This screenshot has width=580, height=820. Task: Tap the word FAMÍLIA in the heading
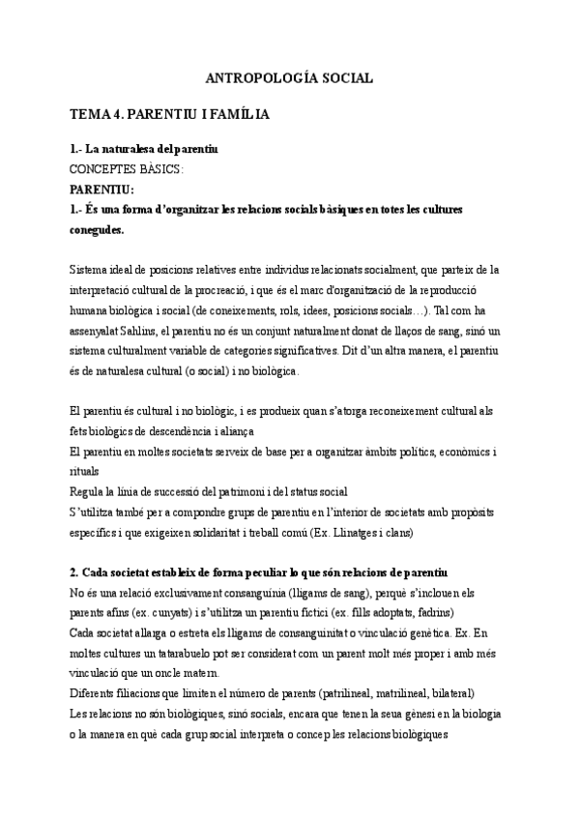tap(237, 114)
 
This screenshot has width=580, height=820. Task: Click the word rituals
tap(84, 472)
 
